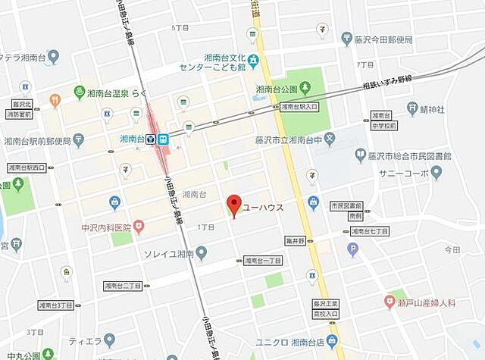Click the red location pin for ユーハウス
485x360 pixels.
pyautogui.click(x=235, y=204)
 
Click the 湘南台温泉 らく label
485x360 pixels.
pyautogui.click(x=123, y=92)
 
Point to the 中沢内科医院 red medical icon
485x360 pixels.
pyautogui.click(x=139, y=227)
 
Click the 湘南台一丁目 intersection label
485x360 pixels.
pyautogui.click(x=263, y=260)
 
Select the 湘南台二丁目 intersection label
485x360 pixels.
pyautogui.click(x=123, y=286)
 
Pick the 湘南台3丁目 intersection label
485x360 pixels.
pyautogui.click(x=56, y=305)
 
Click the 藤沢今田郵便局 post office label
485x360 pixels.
pyautogui.click(x=382, y=39)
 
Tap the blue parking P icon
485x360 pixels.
pyautogui.click(x=352, y=248)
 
